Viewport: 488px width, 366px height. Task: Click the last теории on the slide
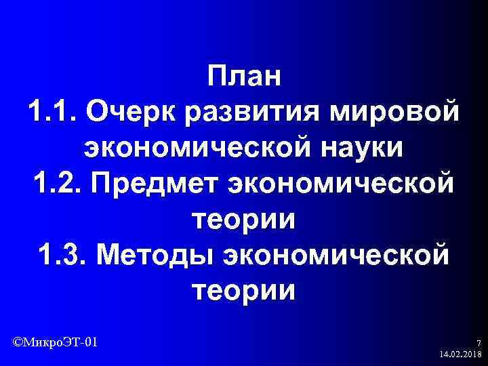244,292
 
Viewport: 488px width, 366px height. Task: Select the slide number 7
479,343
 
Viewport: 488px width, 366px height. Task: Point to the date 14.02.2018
460,354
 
